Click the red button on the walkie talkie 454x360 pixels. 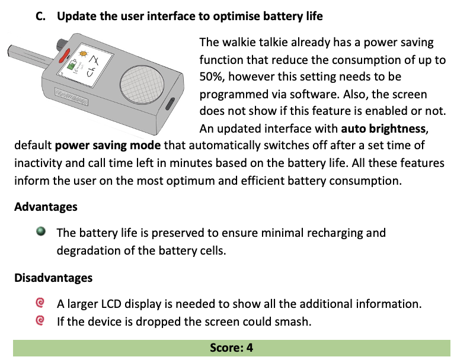(64, 56)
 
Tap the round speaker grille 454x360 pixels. (142, 84)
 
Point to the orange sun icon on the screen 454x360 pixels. (83, 53)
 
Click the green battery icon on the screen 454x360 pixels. (71, 65)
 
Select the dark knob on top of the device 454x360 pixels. (62, 44)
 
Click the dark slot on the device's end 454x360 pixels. (170, 104)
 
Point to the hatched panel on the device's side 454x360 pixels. (72, 97)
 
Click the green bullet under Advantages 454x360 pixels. (41, 232)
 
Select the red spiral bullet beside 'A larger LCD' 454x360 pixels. (40, 303)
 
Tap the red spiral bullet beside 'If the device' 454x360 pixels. (40, 320)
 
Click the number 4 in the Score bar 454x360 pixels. (250, 348)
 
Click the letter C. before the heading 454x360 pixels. (40, 16)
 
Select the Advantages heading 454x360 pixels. (46, 207)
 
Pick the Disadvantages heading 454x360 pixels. (53, 278)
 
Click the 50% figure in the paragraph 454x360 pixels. (211, 76)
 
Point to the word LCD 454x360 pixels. (111, 304)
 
